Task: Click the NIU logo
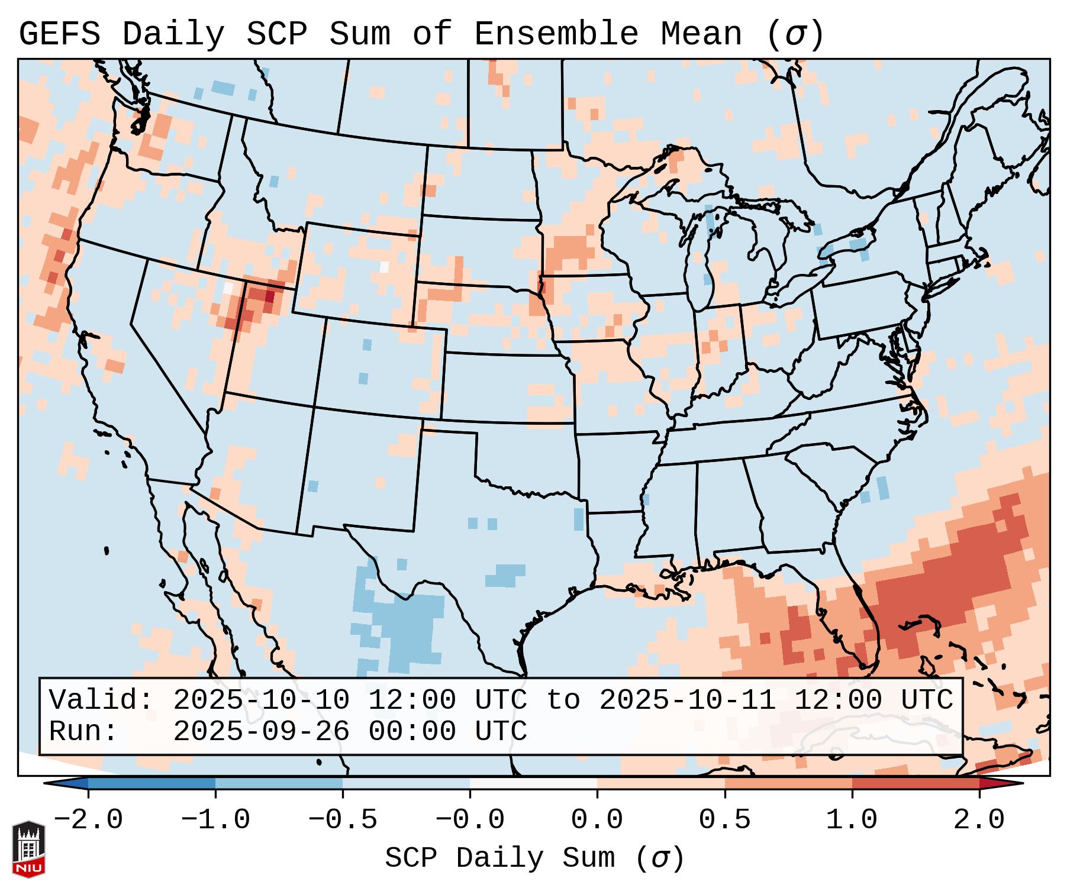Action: coord(28,849)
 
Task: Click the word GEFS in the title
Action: coord(59,34)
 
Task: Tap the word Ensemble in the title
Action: coord(556,34)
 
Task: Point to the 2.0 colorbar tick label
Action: coord(979,820)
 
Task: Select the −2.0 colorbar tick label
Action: coord(88,820)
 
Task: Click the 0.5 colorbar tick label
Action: coord(724,820)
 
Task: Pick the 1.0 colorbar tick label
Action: coord(852,820)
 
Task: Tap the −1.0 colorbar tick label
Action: coord(215,820)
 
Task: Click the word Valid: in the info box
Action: coord(101,700)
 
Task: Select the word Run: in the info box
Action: coord(83,731)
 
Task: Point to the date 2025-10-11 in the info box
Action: coord(687,700)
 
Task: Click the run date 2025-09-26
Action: coord(261,731)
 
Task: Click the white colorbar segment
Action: coord(533,783)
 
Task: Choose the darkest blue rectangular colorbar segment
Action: coord(151,783)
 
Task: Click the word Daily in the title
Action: coord(173,34)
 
